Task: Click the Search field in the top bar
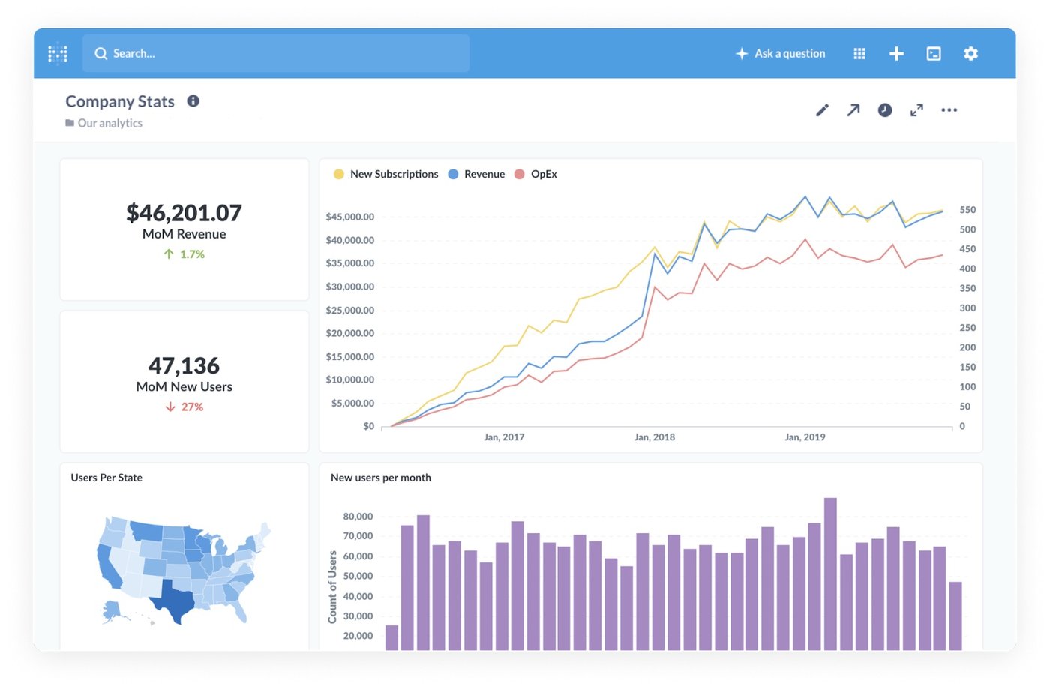(x=276, y=53)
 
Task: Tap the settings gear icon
(x=970, y=53)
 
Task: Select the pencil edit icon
(x=822, y=110)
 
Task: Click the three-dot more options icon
(x=949, y=110)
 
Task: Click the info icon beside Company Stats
(x=193, y=101)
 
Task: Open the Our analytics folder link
(x=109, y=123)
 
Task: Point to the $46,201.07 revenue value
(x=184, y=213)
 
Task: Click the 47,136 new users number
(x=184, y=365)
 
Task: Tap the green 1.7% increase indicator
(x=184, y=254)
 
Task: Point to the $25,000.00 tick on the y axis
(x=349, y=310)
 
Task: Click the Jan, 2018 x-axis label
(x=654, y=436)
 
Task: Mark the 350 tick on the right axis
(x=967, y=288)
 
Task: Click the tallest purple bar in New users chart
(x=830, y=574)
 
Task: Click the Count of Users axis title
(x=332, y=586)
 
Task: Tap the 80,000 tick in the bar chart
(x=358, y=517)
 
